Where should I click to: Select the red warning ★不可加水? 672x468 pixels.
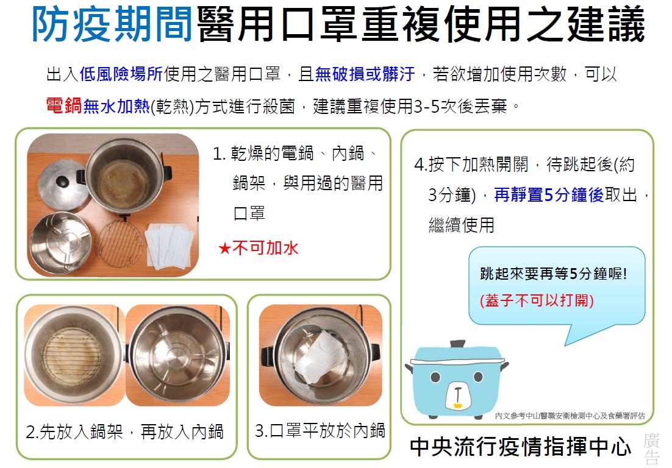[259, 248]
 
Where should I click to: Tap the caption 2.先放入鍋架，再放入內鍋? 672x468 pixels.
[125, 433]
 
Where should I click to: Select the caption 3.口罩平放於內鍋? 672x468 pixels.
[320, 431]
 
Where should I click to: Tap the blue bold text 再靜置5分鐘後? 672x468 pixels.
[548, 195]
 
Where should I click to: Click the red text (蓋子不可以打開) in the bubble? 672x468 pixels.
[537, 300]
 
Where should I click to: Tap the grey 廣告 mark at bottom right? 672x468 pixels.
[651, 450]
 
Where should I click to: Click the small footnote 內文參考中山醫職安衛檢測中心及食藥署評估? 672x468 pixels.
[570, 416]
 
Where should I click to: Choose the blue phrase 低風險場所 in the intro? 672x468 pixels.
[129, 75]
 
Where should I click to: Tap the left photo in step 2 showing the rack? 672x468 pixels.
[74, 356]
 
